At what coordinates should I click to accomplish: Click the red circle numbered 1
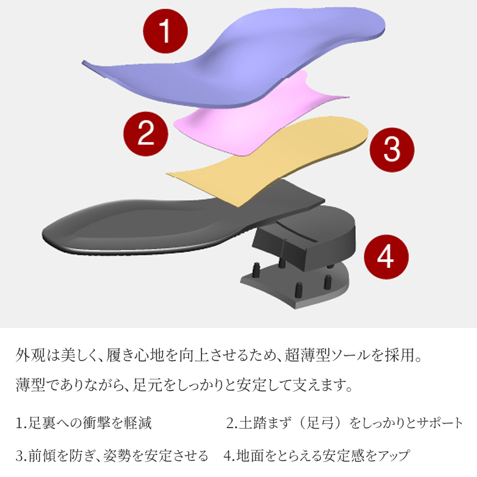(x=165, y=31)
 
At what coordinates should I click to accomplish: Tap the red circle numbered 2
(x=145, y=134)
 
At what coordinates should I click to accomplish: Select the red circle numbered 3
(x=392, y=150)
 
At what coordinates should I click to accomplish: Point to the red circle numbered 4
(x=386, y=257)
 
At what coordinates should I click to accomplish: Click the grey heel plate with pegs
(x=295, y=286)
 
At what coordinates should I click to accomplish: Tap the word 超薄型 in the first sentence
(x=307, y=355)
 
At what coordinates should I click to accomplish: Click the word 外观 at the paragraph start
(x=30, y=355)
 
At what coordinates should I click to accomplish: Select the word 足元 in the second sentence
(x=147, y=385)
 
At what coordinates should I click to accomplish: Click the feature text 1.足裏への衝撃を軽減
(x=83, y=423)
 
